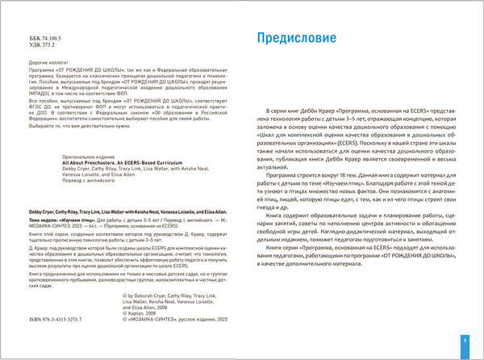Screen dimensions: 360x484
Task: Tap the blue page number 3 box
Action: (x=464, y=342)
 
